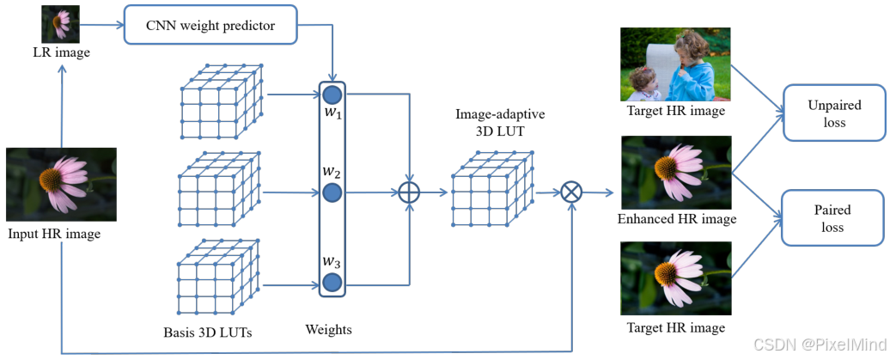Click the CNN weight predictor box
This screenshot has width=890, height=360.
click(x=210, y=25)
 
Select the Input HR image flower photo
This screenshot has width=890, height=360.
click(x=60, y=185)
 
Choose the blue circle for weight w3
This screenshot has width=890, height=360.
click(x=332, y=281)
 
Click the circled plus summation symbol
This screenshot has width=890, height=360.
click(x=410, y=192)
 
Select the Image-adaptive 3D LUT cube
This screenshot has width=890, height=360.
click(x=491, y=191)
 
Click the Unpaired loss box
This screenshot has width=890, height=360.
click(x=832, y=113)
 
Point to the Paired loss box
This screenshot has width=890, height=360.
click(x=832, y=218)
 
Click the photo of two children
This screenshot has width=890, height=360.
click(x=675, y=64)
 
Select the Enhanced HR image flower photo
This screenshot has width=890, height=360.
click(x=675, y=172)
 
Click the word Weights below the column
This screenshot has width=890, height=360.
click(x=329, y=329)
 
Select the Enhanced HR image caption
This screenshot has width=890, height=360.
click(x=677, y=219)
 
